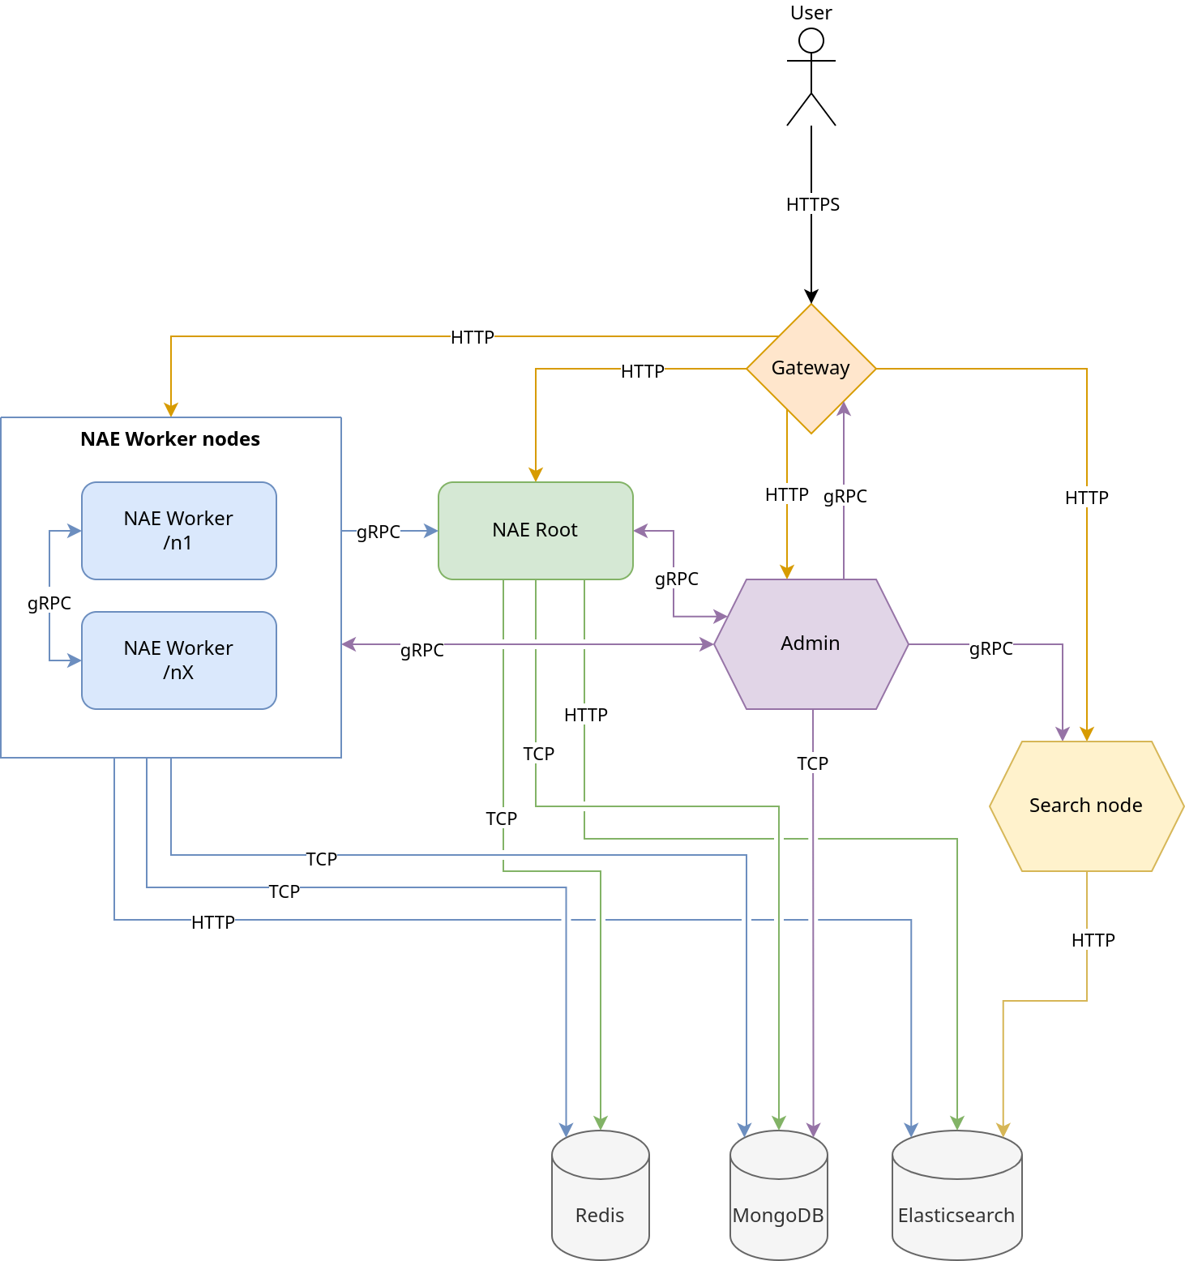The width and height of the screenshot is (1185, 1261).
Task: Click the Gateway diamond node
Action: coord(811,369)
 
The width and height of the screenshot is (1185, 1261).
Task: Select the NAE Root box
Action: coord(535,531)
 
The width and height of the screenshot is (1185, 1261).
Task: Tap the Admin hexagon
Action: coord(811,644)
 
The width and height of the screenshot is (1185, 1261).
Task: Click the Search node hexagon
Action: coord(1086,806)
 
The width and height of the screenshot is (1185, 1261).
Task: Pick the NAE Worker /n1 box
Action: coord(178,531)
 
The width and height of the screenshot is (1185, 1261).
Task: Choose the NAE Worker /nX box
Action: coord(178,660)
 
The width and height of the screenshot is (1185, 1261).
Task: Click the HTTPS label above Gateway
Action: coord(812,204)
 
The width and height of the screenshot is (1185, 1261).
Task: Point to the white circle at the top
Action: coord(811,41)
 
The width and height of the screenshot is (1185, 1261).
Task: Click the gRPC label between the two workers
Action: coord(49,603)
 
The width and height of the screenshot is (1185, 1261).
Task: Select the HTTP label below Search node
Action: coord(1093,940)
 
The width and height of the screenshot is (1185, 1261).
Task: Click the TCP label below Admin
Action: coord(812,763)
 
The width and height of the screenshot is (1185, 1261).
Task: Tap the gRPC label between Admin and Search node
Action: coord(990,648)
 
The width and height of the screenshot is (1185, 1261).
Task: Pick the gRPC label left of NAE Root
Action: coord(378,532)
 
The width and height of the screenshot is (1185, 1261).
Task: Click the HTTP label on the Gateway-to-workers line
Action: coord(472,337)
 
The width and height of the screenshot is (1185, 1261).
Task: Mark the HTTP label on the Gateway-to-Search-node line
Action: coord(1086,498)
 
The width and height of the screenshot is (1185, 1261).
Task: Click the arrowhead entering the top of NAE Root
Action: coord(535,475)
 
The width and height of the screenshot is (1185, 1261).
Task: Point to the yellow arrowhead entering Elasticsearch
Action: coord(1003,1130)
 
